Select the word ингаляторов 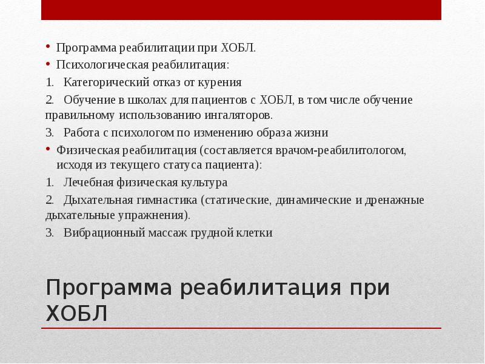[239, 115]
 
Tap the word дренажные [395, 200]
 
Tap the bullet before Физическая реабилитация [48, 149]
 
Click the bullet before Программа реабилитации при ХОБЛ [48, 47]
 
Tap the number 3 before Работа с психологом [49, 132]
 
